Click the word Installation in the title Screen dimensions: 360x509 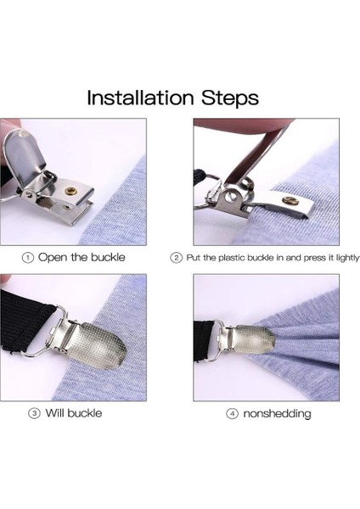tap(140, 98)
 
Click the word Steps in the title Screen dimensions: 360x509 tap(230, 98)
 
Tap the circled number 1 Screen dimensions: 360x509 tap(28, 258)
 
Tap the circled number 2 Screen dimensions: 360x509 tap(176, 258)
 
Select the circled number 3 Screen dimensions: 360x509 tap(34, 414)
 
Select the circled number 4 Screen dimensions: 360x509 tap(232, 414)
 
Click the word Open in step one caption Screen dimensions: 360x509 tap(53, 258)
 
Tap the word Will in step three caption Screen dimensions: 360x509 tap(55, 413)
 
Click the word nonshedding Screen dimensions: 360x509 tap(277, 414)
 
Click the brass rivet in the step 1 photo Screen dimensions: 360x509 tap(70, 190)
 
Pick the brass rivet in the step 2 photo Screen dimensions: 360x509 tap(290, 201)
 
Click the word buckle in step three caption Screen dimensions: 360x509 tap(85, 413)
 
